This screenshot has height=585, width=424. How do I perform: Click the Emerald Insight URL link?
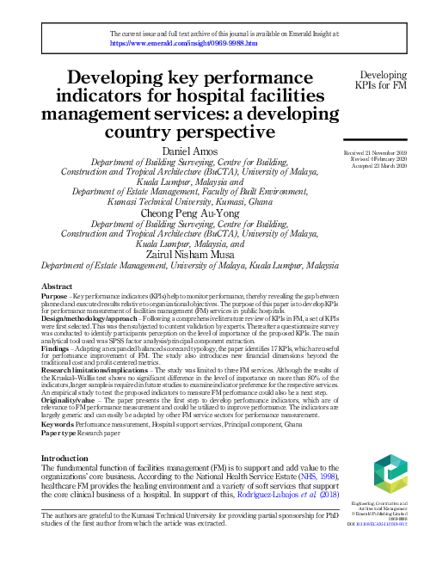[184, 40]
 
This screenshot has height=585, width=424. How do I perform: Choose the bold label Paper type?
[61, 434]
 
